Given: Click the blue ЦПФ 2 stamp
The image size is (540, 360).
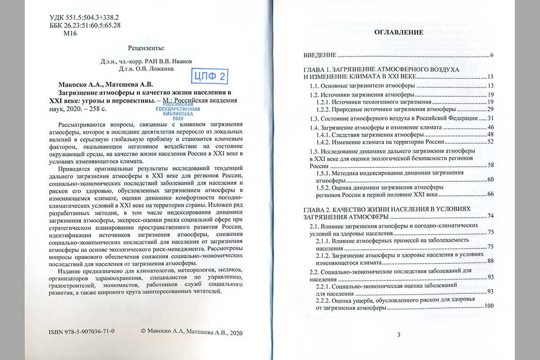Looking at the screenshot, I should coord(208,76).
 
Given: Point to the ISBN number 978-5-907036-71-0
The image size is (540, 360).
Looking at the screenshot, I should coord(81,332).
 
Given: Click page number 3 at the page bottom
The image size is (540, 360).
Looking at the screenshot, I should coord(399,334).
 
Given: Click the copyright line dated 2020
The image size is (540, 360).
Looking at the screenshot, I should coord(191,332).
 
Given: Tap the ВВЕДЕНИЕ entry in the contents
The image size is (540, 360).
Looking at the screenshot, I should coord(319,55).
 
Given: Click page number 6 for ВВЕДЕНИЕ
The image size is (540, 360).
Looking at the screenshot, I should coord(493,55).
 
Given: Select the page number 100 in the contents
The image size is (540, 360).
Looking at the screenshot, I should coord(489,306).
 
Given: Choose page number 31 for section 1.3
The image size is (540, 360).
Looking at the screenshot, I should coord(491,118).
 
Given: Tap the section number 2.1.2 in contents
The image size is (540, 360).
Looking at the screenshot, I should coord(324,255).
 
